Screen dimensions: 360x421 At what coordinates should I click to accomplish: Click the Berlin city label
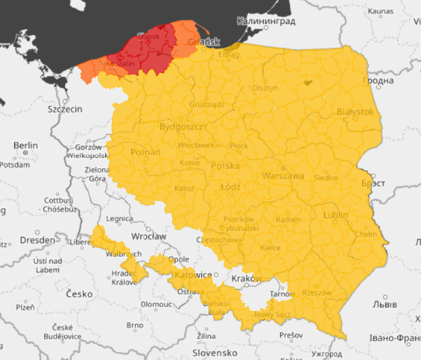[x=25, y=145]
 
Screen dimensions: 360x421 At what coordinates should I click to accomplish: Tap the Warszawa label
[x=283, y=177]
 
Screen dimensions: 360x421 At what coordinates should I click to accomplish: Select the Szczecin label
[x=65, y=109]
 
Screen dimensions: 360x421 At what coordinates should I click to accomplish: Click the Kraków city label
[x=247, y=278]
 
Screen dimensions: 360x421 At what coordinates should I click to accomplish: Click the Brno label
[x=135, y=326]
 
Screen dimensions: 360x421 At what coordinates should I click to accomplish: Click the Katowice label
[x=193, y=275]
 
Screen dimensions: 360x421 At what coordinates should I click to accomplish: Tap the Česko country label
[x=77, y=294]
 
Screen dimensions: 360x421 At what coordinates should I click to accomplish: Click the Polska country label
[x=227, y=165]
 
